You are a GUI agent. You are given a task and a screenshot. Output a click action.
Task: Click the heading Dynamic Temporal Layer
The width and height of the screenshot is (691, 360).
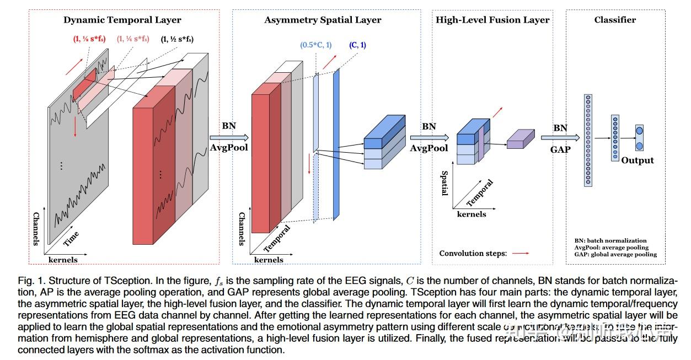point(122,20)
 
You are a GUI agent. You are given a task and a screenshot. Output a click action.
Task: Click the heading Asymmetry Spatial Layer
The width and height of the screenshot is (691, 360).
point(323,20)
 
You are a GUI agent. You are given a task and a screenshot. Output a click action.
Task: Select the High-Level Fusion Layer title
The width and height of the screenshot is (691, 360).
point(492,20)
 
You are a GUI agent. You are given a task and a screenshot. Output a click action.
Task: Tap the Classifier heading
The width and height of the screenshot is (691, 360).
point(615,20)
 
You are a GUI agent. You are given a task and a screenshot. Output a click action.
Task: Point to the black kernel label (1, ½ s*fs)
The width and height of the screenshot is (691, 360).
point(177,39)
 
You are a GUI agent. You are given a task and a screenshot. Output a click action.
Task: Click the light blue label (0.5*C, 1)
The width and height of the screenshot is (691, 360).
point(316,45)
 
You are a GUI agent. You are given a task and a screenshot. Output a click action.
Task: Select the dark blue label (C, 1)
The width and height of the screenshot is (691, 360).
point(357,45)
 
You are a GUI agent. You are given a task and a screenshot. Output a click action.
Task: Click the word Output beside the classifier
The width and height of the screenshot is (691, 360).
point(637,160)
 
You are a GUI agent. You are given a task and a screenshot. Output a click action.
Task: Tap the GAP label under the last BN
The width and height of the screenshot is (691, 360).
point(560,149)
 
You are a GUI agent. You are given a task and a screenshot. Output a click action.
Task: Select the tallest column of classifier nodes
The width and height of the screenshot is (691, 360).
point(588,140)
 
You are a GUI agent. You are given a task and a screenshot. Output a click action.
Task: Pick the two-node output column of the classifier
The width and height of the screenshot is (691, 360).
point(639,138)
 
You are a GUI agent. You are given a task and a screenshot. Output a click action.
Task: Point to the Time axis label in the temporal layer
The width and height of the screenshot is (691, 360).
point(71,239)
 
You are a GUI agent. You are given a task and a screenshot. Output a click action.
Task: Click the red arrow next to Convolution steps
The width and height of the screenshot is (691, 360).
point(520,254)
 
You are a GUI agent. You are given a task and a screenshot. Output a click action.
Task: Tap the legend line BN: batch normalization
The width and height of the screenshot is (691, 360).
point(609,241)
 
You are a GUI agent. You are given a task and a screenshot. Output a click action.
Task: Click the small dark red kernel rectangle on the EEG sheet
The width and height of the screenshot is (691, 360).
point(84,85)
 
